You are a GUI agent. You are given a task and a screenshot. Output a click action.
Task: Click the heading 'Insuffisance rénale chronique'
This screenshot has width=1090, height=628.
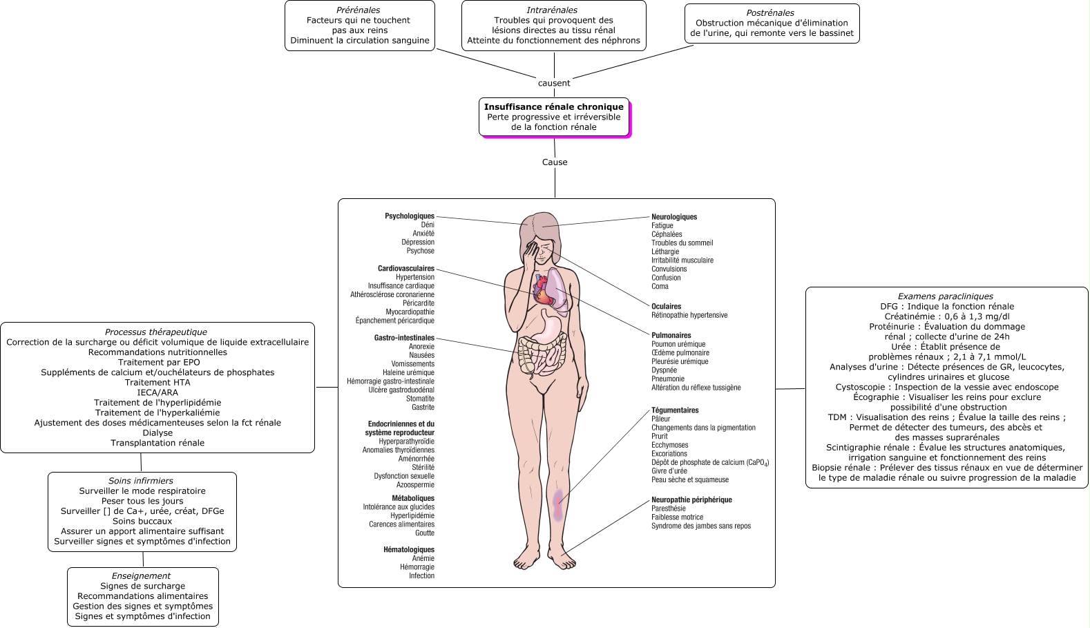[x=554, y=106]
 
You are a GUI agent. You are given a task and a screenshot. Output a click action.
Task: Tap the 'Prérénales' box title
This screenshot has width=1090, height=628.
[x=358, y=10]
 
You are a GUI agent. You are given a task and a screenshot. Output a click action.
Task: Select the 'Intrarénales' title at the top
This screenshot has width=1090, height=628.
[x=552, y=10]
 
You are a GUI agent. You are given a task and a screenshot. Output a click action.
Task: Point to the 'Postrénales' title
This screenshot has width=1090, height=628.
[x=769, y=12]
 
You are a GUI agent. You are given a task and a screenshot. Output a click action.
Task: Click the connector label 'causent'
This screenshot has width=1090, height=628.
[x=554, y=83]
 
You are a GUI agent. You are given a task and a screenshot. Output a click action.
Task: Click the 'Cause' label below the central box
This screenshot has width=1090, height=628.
[x=555, y=162]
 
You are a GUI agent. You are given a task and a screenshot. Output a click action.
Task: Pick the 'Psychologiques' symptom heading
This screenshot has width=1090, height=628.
[x=410, y=216]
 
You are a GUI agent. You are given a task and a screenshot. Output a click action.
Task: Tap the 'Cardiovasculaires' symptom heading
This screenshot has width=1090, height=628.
[x=406, y=268]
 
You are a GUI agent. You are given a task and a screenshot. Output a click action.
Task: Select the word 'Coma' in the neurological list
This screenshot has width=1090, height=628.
[x=660, y=286]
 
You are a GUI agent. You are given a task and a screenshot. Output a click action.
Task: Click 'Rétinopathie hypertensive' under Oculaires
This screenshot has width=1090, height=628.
[x=689, y=315]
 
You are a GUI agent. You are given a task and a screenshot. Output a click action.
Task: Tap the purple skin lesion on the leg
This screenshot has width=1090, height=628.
[x=559, y=504]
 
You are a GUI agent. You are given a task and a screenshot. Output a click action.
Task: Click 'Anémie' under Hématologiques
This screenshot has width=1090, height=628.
[x=423, y=558]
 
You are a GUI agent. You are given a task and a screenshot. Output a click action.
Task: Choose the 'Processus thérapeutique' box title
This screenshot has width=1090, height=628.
[x=156, y=332]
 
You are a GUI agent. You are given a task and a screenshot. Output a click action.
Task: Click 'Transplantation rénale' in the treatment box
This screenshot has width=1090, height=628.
[x=157, y=443]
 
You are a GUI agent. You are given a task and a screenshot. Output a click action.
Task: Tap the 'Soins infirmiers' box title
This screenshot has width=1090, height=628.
[x=141, y=481]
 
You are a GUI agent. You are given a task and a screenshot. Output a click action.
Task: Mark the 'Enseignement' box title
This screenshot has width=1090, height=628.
[x=141, y=576]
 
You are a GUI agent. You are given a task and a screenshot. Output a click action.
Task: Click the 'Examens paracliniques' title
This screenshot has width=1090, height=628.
[x=946, y=296]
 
